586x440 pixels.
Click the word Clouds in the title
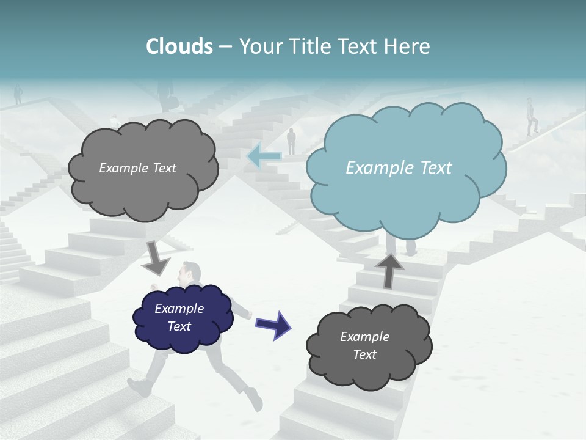[x=179, y=46]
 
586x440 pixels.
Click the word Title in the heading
[x=311, y=46]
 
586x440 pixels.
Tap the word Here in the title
[x=407, y=46]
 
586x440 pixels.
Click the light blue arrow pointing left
[x=263, y=156]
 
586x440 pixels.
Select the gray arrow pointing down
[x=156, y=257]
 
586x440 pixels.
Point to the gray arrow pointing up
[x=389, y=269]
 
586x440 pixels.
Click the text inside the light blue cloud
[x=399, y=168]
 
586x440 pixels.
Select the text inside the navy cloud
[x=179, y=317]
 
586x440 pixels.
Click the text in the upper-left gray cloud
[x=137, y=168]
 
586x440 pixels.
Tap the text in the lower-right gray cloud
[x=364, y=345]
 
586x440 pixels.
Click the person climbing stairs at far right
[x=532, y=116]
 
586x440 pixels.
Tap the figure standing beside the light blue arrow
[x=291, y=141]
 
